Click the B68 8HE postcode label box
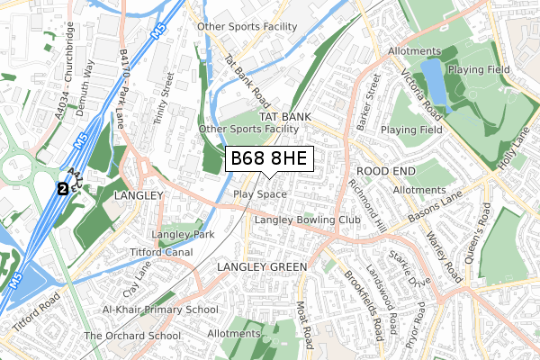tap(268, 159)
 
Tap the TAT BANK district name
tap(284, 117)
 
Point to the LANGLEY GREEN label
tap(262, 267)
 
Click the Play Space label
tap(259, 194)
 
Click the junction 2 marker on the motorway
tap(61, 189)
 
